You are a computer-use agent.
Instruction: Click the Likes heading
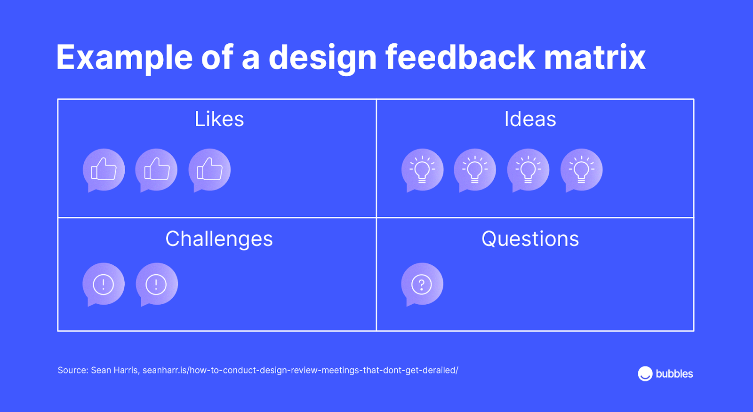(219, 119)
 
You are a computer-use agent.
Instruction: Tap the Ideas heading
(530, 119)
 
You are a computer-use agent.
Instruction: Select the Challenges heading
(219, 239)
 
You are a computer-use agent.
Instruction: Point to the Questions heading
(530, 239)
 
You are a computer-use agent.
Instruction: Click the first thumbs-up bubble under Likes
(104, 170)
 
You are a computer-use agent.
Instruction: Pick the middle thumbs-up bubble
(156, 170)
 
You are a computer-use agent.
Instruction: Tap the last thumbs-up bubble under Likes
(209, 170)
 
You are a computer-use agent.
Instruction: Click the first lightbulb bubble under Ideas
(422, 170)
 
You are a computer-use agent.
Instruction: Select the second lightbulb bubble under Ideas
(475, 170)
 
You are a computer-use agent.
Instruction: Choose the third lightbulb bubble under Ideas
(528, 170)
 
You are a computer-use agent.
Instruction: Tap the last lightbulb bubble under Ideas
(582, 170)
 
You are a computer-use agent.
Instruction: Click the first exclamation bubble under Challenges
(104, 285)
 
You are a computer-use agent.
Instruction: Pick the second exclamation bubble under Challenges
(157, 285)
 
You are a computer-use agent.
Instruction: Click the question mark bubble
(422, 285)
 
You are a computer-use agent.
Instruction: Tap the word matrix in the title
(595, 57)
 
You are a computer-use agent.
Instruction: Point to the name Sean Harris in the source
(114, 370)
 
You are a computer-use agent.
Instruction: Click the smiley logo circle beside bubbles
(645, 374)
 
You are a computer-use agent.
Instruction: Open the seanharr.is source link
(300, 370)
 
